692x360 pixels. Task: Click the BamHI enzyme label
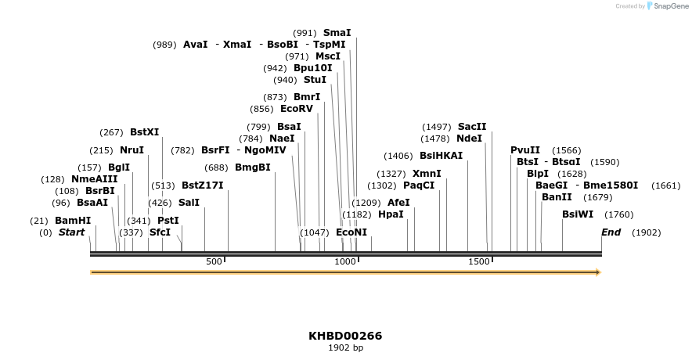point(73,221)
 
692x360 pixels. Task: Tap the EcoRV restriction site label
point(296,109)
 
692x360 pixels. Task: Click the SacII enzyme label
point(472,127)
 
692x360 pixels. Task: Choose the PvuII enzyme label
point(525,150)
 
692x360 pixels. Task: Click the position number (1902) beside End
point(646,232)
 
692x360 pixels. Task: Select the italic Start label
point(71,232)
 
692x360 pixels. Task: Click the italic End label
point(611,232)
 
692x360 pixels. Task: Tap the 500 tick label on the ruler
point(214,261)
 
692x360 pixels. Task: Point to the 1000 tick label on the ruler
point(344,261)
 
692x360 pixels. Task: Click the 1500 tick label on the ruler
point(478,261)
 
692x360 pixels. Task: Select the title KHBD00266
point(345,336)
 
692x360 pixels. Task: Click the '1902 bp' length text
point(345,347)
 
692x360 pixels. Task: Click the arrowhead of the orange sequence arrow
point(598,272)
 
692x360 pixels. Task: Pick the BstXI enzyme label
point(144,132)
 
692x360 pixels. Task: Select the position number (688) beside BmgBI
point(215,167)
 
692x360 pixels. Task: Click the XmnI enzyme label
point(427,174)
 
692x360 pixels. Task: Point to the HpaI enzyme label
point(391,214)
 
